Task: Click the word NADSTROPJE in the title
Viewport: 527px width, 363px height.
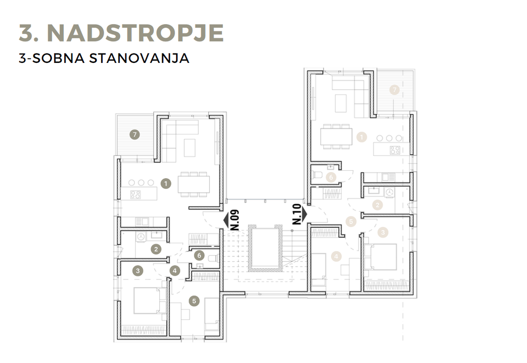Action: tap(135, 33)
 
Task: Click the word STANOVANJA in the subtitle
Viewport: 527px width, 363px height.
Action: tap(139, 58)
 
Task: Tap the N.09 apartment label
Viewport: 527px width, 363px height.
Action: tap(235, 220)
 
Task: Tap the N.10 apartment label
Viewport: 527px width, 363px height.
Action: tap(297, 214)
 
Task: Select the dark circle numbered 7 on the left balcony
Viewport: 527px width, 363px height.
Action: tap(135, 135)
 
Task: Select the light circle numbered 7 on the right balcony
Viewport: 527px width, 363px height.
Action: tap(394, 90)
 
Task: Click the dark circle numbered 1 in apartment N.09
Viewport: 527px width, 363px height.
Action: tap(166, 184)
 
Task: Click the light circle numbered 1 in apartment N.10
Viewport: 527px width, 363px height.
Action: tap(361, 137)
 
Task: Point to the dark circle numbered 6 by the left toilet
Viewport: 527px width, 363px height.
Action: tap(199, 256)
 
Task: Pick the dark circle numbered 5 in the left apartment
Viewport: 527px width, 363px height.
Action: tap(194, 301)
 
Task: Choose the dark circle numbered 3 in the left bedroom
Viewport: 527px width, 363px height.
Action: tap(138, 270)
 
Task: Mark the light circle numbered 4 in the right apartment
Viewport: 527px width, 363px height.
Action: tap(336, 257)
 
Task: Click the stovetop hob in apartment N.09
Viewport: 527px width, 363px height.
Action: tap(135, 195)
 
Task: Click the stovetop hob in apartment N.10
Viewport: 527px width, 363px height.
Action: tap(395, 150)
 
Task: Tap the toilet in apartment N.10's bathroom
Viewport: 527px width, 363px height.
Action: tap(317, 175)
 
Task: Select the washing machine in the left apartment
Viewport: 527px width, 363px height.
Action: tap(141, 237)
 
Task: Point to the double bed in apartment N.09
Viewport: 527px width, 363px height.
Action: tap(150, 301)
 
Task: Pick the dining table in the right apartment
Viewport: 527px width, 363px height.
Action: tap(336, 137)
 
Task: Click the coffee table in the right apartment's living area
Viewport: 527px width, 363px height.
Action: tap(341, 104)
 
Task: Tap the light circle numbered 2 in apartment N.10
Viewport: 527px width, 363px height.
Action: tap(378, 205)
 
